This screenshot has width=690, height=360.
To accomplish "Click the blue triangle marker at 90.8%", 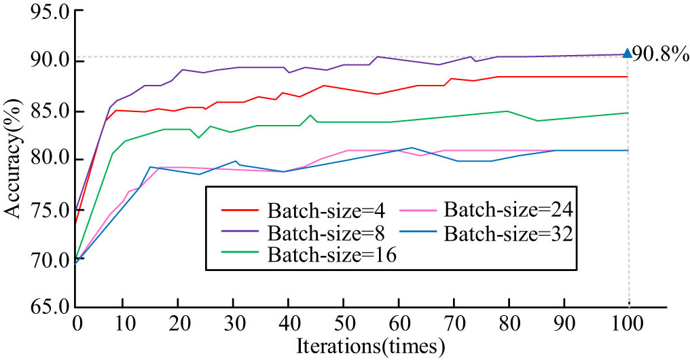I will pyautogui.click(x=627, y=52).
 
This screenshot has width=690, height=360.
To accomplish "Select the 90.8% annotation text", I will pyautogui.click(x=660, y=54).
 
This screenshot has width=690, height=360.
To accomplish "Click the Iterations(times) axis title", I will pyautogui.click(x=370, y=346).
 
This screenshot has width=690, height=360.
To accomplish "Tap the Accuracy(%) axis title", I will pyautogui.click(x=14, y=161).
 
